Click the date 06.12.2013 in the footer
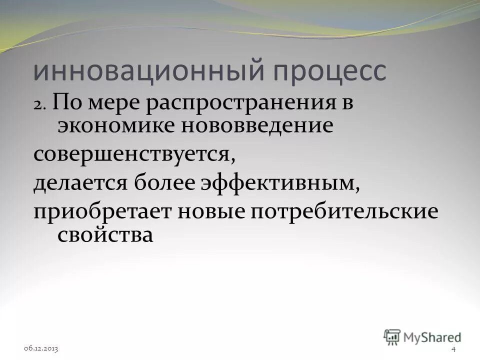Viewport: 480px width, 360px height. click(40, 348)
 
